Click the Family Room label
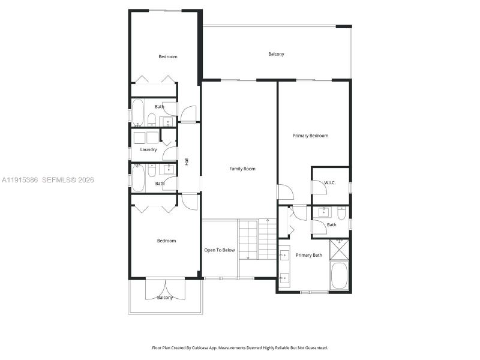242,169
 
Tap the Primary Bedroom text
310,136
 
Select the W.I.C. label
329,182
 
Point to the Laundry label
148,149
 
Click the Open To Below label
219,250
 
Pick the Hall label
187,161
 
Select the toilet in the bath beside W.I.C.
341,213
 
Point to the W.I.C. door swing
319,188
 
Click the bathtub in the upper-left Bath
137,112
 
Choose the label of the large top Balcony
276,54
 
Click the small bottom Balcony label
165,298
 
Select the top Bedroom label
168,57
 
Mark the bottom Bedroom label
166,241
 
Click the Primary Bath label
308,256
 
